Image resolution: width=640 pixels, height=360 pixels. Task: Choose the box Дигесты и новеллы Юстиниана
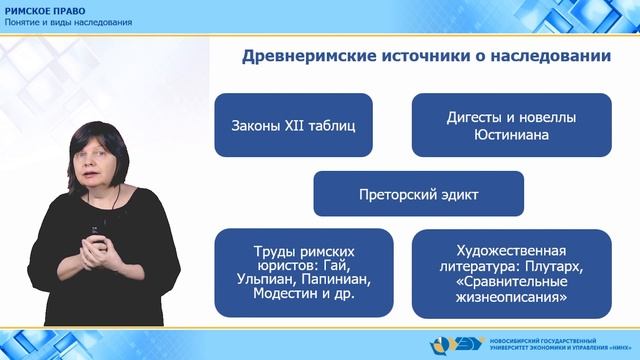(511, 126)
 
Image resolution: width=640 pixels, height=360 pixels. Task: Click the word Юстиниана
(511, 135)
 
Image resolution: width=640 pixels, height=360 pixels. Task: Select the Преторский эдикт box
(418, 193)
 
